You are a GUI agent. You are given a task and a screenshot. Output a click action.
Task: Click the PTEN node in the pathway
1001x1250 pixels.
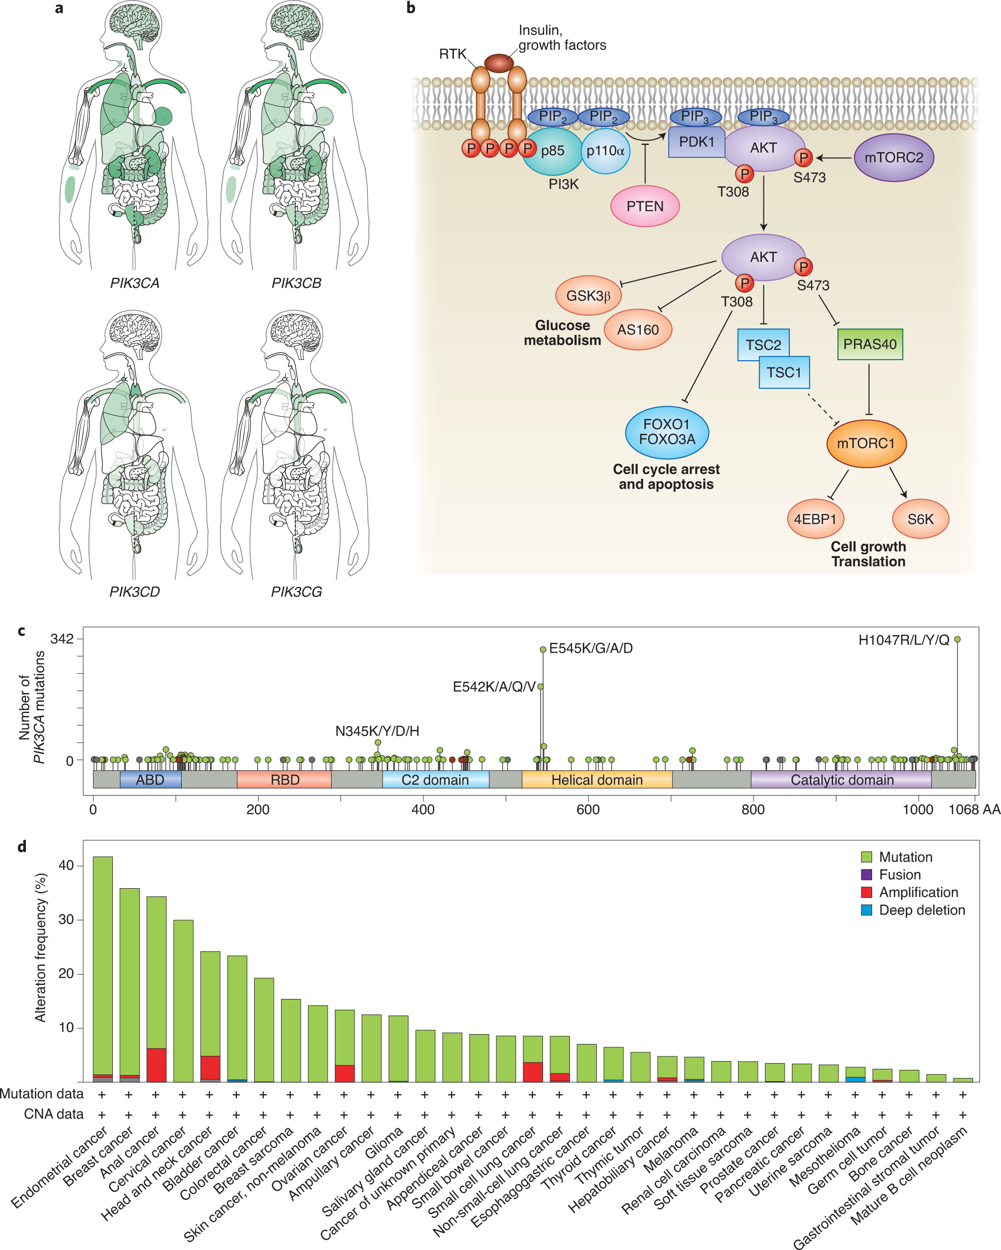644,206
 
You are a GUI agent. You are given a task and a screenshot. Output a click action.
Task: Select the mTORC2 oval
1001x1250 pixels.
893,157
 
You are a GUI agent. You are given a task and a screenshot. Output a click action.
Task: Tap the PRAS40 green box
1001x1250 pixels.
870,344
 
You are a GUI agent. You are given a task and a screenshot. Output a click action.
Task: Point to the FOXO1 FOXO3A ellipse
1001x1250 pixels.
667,432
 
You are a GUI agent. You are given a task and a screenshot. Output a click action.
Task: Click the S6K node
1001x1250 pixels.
920,519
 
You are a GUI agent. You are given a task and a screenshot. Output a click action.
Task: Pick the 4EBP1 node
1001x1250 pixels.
815,519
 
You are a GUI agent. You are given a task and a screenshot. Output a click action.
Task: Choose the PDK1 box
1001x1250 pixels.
696,142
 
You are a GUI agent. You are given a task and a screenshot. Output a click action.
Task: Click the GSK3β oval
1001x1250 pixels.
588,296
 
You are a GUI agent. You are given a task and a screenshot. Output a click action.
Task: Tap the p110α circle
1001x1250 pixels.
605,151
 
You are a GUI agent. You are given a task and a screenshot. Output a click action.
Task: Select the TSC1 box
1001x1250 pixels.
784,372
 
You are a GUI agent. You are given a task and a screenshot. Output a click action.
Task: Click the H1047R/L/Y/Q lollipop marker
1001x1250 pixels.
957,639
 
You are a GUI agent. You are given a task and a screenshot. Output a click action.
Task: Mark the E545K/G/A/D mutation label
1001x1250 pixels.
591,648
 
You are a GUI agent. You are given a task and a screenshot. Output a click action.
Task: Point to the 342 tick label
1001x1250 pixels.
62,639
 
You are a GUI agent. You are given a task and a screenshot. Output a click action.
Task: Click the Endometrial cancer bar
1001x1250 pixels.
102,968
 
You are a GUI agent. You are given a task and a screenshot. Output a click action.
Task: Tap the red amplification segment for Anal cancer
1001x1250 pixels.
156,1065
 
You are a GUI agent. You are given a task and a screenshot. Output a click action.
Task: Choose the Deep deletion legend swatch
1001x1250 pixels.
866,909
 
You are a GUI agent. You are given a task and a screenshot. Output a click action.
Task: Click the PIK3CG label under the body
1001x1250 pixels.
296,592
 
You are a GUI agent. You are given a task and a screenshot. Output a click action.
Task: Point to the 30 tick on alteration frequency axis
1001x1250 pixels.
66,920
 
